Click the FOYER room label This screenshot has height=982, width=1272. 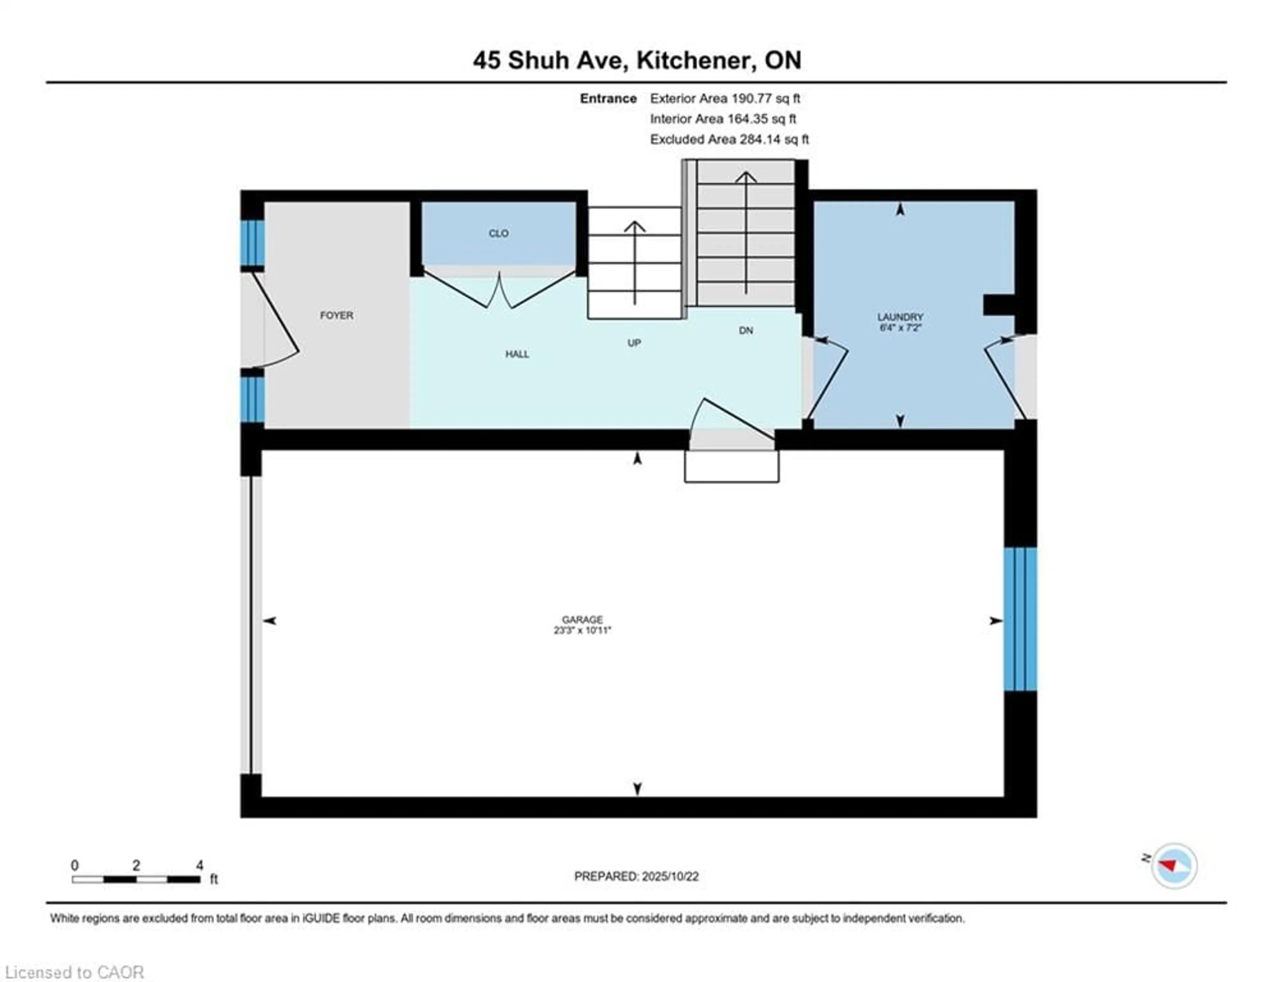[x=337, y=315]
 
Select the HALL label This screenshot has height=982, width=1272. [x=517, y=354]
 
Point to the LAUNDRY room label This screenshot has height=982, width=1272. [x=900, y=317]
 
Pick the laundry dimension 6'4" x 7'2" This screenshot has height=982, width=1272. [x=900, y=327]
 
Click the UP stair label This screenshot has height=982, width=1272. [x=634, y=343]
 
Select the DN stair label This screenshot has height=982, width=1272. [x=746, y=330]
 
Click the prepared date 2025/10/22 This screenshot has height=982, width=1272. [x=670, y=876]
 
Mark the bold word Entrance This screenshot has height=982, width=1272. [x=608, y=98]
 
